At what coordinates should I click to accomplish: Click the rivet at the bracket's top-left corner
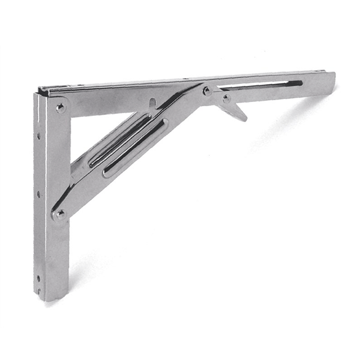(61, 108)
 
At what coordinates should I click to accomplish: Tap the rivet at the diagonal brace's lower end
(59, 213)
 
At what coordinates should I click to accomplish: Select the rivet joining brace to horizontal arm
(207, 91)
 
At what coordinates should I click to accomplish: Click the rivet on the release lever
(226, 97)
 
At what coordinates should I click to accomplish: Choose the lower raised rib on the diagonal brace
(136, 148)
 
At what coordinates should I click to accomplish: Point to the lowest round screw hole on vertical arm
(38, 278)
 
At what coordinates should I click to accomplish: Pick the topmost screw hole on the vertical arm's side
(38, 136)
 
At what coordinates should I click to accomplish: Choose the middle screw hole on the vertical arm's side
(38, 194)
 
